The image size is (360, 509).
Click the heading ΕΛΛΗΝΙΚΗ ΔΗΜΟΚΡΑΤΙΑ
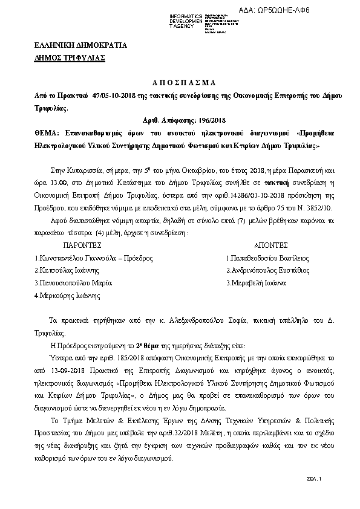pyautogui.click(x=71, y=45)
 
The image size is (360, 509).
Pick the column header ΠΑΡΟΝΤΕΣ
pyautogui.click(x=82, y=246)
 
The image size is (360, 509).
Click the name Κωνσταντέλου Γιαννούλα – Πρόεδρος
pyautogui.click(x=94, y=258)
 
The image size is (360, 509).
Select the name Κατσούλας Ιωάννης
pyautogui.click(x=66, y=271)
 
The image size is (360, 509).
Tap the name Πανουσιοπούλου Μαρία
pyautogui.click(x=74, y=283)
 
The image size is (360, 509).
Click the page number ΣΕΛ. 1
pyautogui.click(x=313, y=478)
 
